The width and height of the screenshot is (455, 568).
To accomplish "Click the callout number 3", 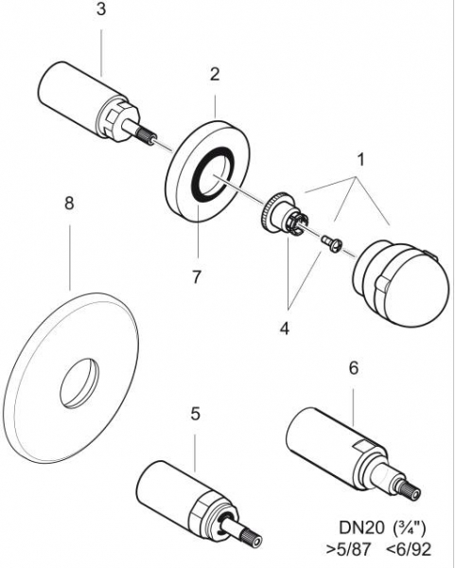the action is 101,9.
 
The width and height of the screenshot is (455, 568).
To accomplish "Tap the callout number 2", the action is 215,75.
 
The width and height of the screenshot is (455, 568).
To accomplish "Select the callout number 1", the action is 360,160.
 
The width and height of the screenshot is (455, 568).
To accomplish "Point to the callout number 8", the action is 69,204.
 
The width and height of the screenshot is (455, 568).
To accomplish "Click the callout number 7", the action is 196,277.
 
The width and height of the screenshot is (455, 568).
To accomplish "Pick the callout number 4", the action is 285,328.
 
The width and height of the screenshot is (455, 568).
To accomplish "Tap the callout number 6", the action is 354,368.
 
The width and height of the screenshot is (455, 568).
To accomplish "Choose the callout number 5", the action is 196,414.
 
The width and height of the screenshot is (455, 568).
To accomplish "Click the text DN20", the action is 361,528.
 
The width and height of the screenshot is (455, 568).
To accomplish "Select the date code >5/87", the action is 349,550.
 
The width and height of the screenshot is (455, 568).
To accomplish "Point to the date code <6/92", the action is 409,550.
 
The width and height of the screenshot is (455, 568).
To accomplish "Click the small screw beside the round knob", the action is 331,242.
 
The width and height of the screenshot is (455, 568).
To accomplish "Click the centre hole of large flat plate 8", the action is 79,383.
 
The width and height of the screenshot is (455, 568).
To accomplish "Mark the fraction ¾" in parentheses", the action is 409,528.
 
